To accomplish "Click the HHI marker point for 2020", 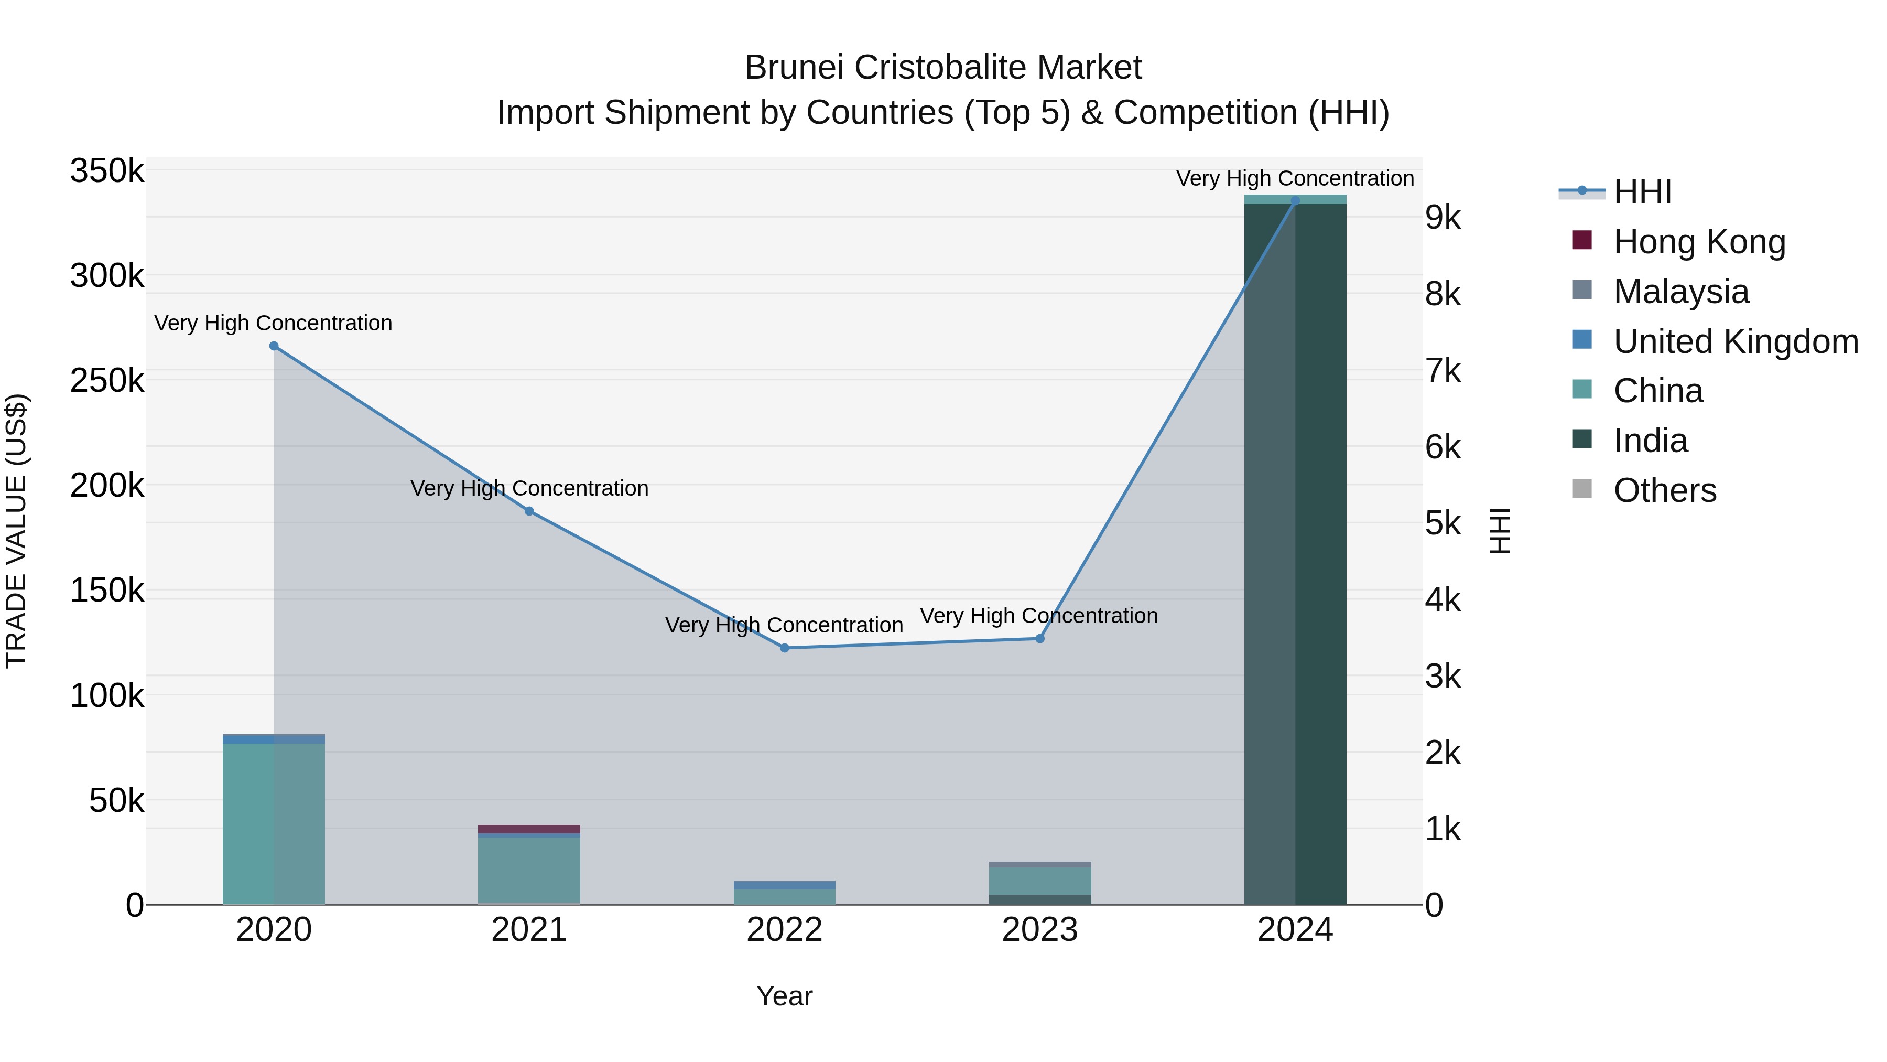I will click(274, 346).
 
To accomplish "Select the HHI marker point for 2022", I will click(785, 648).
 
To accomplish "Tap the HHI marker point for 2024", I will click(1295, 200).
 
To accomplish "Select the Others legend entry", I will click(1664, 490).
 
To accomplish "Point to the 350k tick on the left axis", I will click(107, 171).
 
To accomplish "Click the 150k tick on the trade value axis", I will click(107, 591).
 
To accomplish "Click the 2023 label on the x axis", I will click(1039, 930).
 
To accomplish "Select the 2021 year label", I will click(529, 930).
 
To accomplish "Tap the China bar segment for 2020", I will click(274, 821).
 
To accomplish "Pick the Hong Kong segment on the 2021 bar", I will click(529, 829).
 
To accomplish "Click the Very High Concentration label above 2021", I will click(529, 488).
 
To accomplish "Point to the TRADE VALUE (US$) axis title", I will click(16, 531).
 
